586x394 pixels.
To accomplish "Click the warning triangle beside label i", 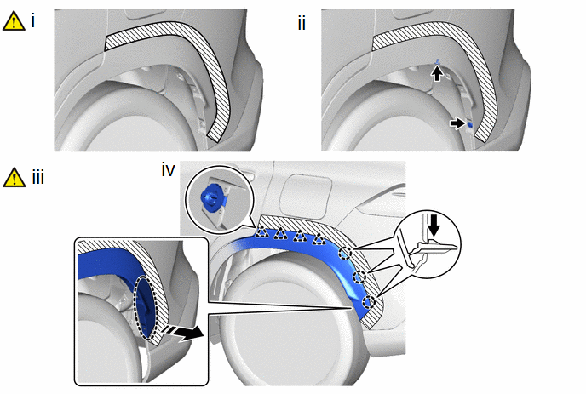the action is point(14,21).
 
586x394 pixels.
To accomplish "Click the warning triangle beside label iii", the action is point(14,177).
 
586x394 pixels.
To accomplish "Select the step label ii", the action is point(302,23).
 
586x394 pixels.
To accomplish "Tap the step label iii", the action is point(38,177).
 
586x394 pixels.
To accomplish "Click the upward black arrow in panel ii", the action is point(436,73).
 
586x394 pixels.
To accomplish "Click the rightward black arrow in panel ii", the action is point(457,123).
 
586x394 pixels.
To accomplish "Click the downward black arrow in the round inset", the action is point(434,226).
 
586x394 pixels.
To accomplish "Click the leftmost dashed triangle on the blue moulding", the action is point(262,233).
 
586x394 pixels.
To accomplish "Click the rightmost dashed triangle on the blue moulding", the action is point(319,238).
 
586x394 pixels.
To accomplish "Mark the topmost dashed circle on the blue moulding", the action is point(345,254).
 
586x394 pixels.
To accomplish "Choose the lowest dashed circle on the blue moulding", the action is point(369,301).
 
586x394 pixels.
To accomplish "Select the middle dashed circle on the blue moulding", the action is point(359,277).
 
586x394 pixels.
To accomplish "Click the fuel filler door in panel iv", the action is point(306,197).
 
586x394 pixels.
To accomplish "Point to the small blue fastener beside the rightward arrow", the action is point(469,124).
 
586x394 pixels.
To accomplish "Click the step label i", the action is point(33,20).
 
